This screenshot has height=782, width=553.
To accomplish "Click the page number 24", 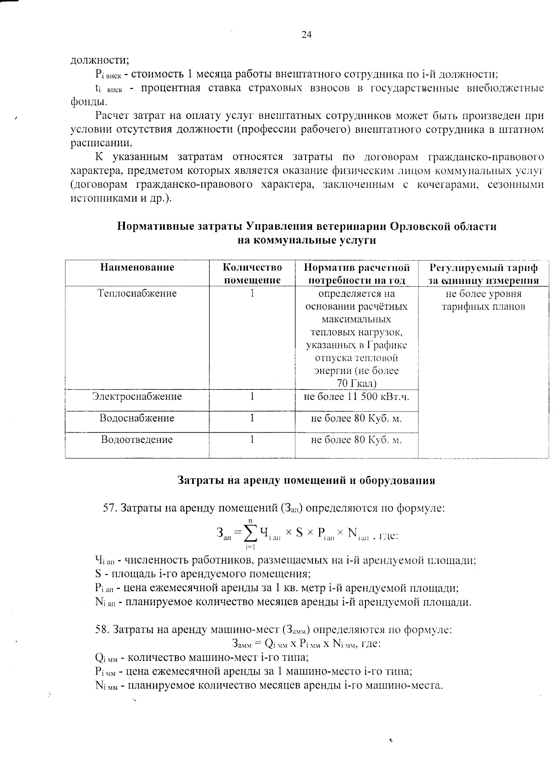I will coord(307,35).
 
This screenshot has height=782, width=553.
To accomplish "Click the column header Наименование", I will coord(137,267).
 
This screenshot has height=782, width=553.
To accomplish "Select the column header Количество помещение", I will coord(252,274).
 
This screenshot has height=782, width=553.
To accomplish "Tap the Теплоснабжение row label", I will coord(137,294).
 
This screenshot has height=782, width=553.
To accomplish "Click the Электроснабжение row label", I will coord(137,396).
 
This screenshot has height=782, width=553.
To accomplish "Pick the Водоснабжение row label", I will coord(137,418).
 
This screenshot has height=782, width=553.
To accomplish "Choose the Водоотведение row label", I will coord(137,440).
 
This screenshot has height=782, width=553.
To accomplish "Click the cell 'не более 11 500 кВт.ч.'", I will coord(357,396).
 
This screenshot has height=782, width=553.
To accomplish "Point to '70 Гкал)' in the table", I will coord(357,383).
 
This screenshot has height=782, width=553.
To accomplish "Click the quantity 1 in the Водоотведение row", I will coord(253,440).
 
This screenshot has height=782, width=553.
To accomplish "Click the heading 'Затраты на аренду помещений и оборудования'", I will coord(306,481).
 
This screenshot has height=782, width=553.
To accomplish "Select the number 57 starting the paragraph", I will coord(108,508).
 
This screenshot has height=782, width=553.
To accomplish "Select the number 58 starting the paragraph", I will coord(101,629).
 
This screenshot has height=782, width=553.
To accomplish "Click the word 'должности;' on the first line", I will coord(99,60).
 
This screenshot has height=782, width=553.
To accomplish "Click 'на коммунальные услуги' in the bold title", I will coord(306,240).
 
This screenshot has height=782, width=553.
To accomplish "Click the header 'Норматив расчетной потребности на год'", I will coord(357,274).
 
